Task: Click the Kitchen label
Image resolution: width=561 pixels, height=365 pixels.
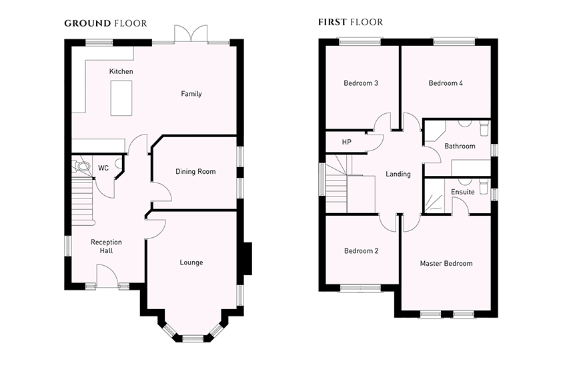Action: [121, 71]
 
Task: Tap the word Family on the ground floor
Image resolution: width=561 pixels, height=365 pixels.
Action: [191, 94]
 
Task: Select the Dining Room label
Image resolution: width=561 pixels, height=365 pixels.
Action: [195, 171]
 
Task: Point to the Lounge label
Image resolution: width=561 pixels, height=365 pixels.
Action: [191, 262]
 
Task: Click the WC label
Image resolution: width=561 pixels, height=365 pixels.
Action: [103, 168]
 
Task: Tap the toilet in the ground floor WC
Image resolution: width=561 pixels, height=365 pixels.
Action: [81, 165]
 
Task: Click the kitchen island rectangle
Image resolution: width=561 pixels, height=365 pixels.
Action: [121, 98]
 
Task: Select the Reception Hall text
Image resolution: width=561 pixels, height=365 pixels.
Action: [106, 246]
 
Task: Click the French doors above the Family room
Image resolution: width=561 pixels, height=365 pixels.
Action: [191, 34]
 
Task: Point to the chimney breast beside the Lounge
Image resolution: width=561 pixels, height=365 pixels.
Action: [247, 258]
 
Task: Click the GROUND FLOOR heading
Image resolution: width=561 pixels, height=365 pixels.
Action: [105, 23]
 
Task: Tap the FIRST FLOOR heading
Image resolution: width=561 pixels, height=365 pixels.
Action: [350, 22]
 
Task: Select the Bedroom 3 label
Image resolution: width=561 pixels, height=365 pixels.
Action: [361, 83]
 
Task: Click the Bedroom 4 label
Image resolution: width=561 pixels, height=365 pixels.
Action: [446, 83]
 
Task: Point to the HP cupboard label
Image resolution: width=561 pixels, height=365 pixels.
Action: [346, 142]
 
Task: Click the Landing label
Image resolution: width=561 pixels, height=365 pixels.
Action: [398, 174]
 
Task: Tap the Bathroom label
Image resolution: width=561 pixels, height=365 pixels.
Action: [460, 146]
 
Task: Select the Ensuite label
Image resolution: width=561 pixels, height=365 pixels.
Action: [463, 192]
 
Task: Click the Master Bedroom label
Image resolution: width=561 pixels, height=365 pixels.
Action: [446, 264]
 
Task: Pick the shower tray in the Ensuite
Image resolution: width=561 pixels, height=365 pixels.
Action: [434, 196]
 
